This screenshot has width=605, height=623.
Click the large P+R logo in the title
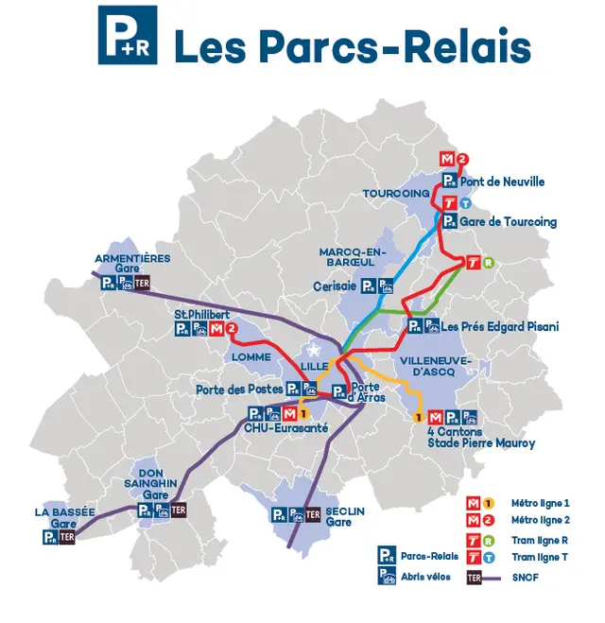point(128,35)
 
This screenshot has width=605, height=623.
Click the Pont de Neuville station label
point(503,182)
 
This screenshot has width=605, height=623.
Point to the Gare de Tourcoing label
point(509,222)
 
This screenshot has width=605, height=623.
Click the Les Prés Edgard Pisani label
point(500,327)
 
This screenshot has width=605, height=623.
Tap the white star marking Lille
point(313,352)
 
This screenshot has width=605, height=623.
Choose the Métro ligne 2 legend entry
point(540,520)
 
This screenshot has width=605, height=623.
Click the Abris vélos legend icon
point(386,578)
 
